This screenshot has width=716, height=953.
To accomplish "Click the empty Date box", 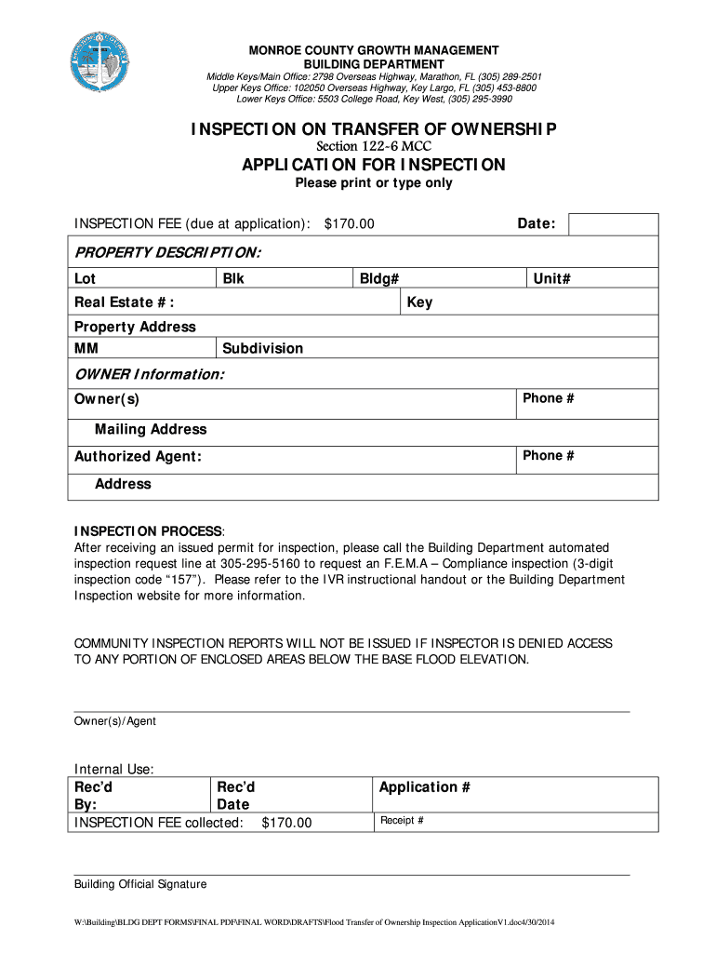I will point(613,224).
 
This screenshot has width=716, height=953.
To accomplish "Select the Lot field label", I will point(85,278).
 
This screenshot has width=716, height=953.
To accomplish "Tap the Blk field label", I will point(233,278).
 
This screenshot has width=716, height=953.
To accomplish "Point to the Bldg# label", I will point(379,278).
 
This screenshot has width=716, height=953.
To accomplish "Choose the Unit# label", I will point(551,278).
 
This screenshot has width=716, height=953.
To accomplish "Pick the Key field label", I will point(419,302).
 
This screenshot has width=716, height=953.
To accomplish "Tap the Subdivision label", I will point(262,348).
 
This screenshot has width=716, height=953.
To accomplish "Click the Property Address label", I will point(135,327).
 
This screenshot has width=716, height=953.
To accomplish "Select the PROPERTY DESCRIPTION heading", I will point(167,252).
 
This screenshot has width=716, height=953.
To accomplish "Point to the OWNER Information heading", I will point(149,374).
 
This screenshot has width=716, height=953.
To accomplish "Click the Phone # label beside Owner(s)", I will point(548,398).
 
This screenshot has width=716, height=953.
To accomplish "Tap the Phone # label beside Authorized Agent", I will point(548,455).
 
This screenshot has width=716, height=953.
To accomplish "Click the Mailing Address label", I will point(151,429).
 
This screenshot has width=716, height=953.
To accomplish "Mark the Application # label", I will point(424,787).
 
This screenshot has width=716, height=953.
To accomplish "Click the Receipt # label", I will point(402,821).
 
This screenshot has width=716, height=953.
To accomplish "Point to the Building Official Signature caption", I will point(140,884).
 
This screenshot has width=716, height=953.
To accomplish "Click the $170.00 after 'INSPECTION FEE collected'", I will point(286,823).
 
